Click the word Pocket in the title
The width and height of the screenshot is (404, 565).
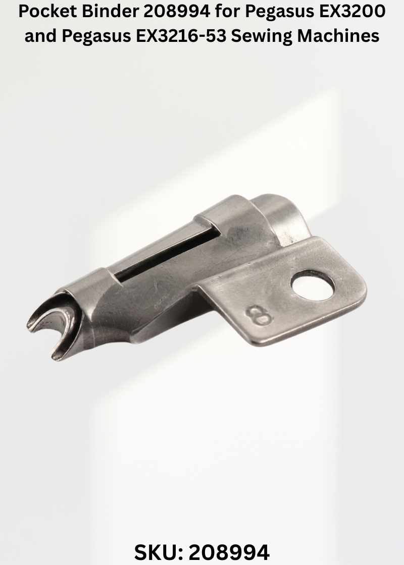[47, 12]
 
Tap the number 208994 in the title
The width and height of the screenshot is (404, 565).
[176, 12]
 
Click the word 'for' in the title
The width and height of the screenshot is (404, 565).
[228, 12]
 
